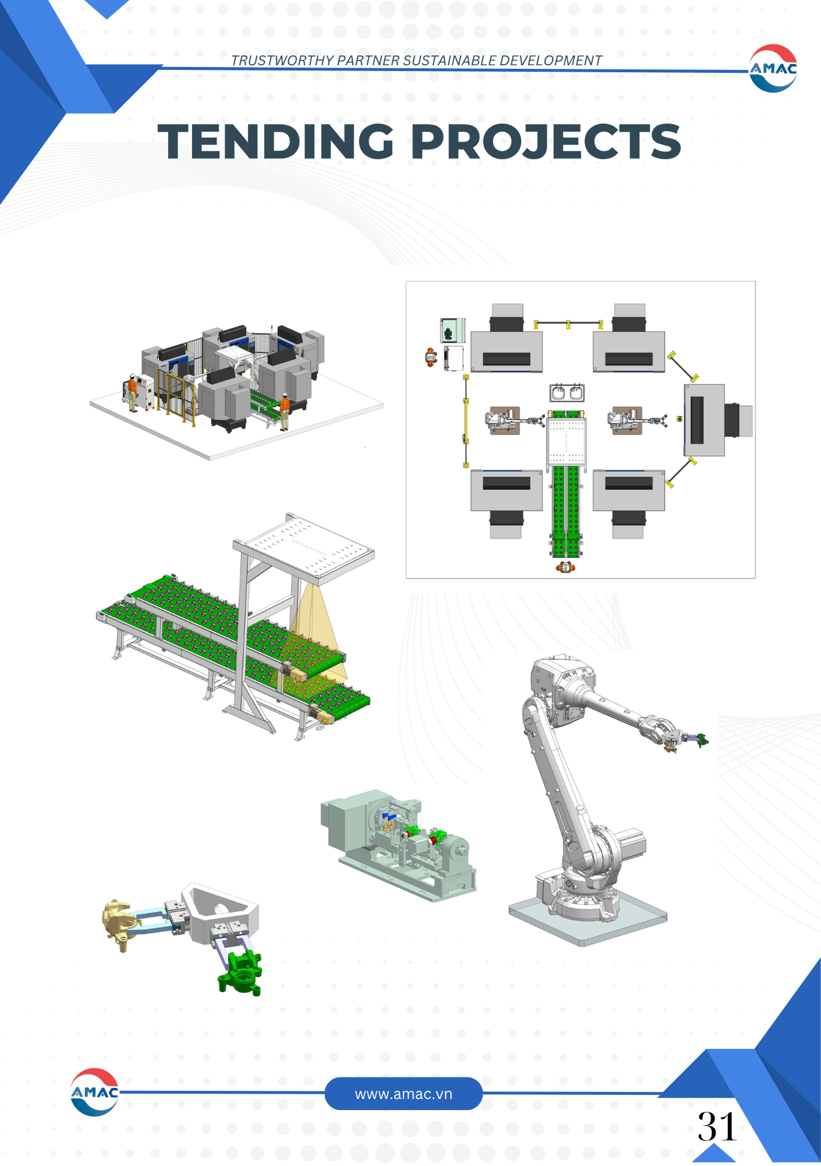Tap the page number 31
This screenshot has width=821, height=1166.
coord(717,1126)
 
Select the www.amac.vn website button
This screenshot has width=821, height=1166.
coord(403,1094)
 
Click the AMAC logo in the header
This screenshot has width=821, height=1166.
coord(773,68)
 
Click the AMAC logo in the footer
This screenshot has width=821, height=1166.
coord(94,1092)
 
